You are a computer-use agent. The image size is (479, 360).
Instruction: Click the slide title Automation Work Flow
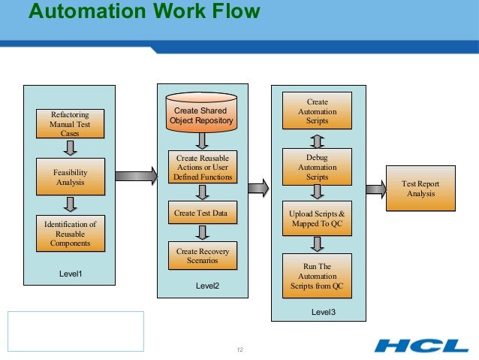[x=144, y=11]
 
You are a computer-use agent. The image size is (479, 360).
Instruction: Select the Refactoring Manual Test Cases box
[x=70, y=124]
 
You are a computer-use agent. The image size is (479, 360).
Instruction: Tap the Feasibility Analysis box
[x=70, y=177]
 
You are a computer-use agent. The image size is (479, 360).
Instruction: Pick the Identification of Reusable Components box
[x=70, y=234]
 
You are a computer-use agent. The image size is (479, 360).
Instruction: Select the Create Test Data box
[x=201, y=213]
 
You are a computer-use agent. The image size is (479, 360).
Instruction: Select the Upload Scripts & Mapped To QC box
[x=318, y=219]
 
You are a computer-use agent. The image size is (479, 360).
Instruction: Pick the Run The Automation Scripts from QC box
[x=318, y=276]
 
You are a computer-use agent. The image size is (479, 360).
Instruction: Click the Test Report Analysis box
[x=420, y=189]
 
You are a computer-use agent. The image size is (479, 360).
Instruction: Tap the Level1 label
[x=70, y=274]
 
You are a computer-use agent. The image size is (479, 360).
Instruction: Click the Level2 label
[x=207, y=286]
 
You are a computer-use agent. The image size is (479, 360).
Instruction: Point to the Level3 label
[x=323, y=311]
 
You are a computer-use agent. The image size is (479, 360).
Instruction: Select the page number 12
[x=240, y=350]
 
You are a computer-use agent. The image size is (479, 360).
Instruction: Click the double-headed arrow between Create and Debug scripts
[x=318, y=141]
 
